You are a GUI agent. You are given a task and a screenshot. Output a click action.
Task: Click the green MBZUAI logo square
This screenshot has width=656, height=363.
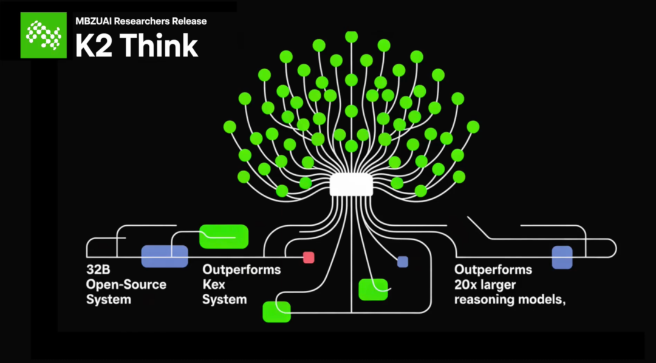(43, 35)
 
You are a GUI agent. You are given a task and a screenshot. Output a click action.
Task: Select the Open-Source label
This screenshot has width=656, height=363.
(126, 285)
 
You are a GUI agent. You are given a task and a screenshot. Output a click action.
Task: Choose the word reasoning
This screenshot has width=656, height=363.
(485, 299)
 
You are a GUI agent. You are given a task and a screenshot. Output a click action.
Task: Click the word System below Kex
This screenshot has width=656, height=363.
(224, 299)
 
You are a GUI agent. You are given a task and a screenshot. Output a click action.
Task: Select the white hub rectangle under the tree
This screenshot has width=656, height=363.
(350, 184)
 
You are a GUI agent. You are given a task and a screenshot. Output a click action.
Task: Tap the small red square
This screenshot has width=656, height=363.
(309, 257)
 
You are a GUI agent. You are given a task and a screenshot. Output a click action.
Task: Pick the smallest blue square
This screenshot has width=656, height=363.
(403, 262)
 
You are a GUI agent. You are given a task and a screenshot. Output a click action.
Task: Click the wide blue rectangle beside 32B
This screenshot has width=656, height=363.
(165, 256)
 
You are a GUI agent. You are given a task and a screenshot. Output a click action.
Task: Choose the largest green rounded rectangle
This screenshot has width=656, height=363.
(224, 236)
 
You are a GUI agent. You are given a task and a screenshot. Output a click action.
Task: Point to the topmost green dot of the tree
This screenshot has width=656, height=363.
(351, 36)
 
